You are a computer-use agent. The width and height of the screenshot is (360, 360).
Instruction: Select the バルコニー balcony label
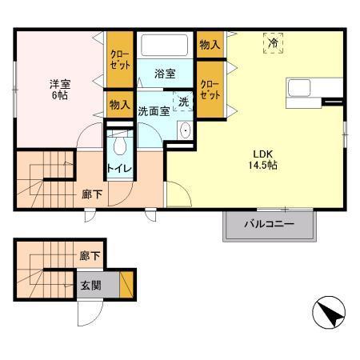click(x=270, y=225)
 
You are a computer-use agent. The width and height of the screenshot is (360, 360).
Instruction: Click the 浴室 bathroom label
click(x=165, y=74)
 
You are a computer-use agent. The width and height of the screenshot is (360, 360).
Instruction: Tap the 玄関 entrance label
click(x=90, y=285)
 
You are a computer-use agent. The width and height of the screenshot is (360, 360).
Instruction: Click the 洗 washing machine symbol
click(x=182, y=102)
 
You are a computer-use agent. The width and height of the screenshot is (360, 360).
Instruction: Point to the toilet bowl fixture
click(x=120, y=145)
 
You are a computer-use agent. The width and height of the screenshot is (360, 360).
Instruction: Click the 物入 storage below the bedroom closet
click(x=119, y=105)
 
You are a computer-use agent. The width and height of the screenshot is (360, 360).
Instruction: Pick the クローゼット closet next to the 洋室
click(x=119, y=59)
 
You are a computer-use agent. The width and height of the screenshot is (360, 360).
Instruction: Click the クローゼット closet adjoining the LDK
click(x=209, y=90)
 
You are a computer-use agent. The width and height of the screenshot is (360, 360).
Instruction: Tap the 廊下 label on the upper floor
click(x=90, y=194)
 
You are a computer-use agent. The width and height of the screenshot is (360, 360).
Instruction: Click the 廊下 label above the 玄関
click(x=90, y=256)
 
